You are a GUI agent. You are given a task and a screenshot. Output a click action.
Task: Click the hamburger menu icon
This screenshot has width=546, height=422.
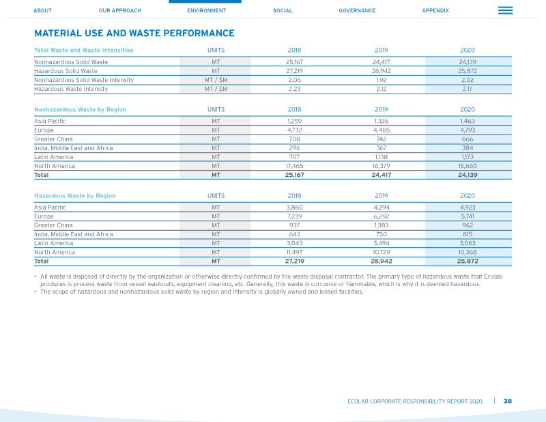click(505, 10)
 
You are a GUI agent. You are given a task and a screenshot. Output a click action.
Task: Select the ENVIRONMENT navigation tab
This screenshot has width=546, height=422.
click(207, 10)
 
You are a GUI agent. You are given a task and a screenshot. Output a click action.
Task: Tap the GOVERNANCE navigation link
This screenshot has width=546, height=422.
click(357, 10)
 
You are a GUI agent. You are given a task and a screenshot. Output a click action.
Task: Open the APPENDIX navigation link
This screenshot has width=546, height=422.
click(435, 10)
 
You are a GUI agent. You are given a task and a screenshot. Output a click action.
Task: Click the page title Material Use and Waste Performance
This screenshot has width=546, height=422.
click(134, 33)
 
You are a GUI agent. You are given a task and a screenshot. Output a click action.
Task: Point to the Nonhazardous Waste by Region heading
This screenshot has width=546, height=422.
click(80, 109)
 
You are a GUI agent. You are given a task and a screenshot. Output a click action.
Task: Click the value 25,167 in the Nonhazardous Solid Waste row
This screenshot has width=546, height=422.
click(294, 62)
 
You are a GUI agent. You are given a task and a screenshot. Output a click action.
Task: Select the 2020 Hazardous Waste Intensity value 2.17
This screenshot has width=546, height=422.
click(468, 89)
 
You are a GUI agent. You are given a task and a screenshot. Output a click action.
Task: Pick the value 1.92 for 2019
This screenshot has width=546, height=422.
click(382, 80)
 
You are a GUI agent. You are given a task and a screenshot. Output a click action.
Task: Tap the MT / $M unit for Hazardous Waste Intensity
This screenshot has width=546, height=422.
click(216, 89)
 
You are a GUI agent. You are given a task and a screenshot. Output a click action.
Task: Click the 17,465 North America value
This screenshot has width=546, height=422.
click(294, 166)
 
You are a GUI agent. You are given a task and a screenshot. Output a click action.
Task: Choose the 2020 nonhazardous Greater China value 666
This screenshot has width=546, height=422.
click(468, 139)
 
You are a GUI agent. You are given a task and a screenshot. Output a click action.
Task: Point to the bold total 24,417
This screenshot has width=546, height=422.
click(382, 175)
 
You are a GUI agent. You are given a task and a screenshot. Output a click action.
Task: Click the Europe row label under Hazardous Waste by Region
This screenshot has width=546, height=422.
click(44, 216)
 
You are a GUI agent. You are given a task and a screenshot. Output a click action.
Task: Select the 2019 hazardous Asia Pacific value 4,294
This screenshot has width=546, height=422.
click(382, 208)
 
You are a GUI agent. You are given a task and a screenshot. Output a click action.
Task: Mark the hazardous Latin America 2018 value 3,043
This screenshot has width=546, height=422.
click(294, 243)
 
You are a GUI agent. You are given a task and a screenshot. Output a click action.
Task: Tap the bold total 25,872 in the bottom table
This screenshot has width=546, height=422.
click(468, 261)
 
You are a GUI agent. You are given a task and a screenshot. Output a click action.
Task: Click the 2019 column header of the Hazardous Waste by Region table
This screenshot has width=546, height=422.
click(382, 196)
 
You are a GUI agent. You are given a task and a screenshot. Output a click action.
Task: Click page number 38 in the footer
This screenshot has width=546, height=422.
click(508, 401)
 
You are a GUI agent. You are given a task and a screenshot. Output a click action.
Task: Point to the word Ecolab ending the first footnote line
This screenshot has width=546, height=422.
click(493, 277)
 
